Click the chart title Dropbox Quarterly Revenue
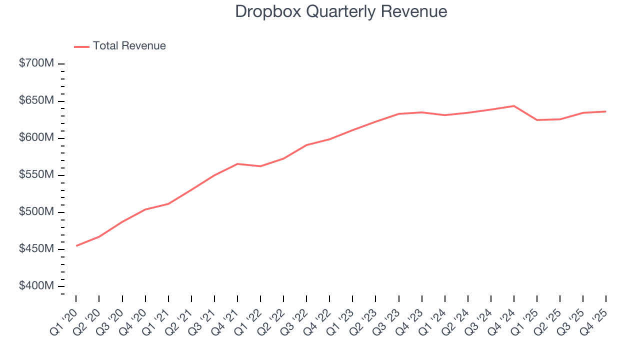(x=341, y=11)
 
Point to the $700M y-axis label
(x=36, y=63)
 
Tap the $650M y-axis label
(x=36, y=100)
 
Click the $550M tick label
(x=36, y=174)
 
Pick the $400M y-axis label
(x=36, y=285)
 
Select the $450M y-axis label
(x=36, y=248)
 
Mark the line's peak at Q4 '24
(x=514, y=106)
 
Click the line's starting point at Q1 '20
(x=76, y=245)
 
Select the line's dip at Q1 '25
(x=537, y=120)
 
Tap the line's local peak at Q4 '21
(x=237, y=164)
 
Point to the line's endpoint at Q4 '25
(x=606, y=111)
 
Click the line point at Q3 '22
(x=306, y=145)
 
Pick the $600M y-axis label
(x=36, y=137)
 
